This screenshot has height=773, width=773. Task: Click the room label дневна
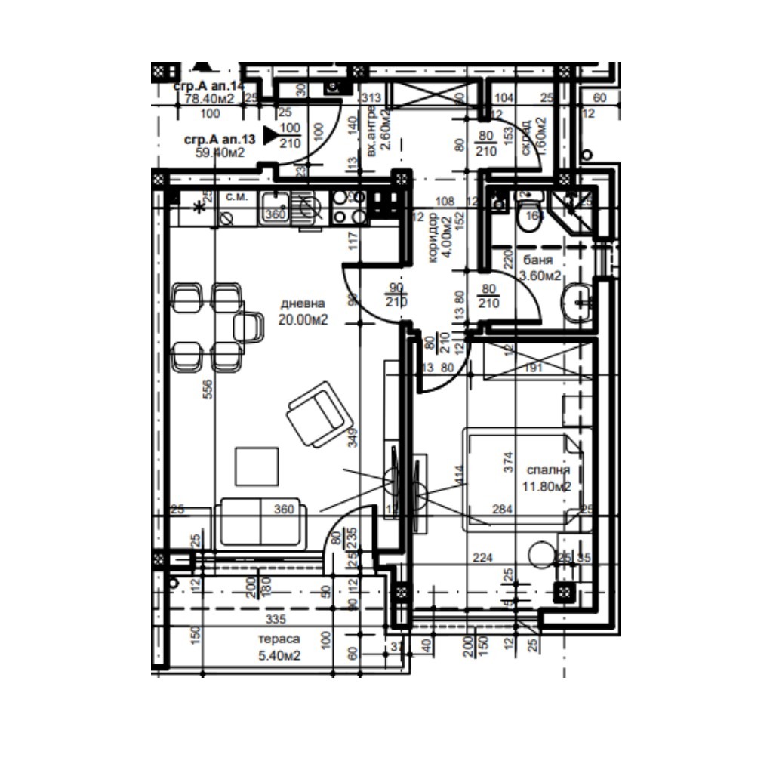click(x=303, y=303)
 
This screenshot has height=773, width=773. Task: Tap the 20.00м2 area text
click(x=303, y=319)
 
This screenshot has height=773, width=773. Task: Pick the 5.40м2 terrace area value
click(x=279, y=655)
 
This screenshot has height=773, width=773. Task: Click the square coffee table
click(x=257, y=466)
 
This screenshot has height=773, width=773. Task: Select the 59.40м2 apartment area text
click(x=220, y=152)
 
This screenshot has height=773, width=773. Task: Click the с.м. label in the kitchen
click(x=236, y=197)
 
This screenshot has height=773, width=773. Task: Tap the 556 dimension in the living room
click(x=208, y=388)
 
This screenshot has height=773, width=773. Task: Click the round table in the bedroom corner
click(x=541, y=556)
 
